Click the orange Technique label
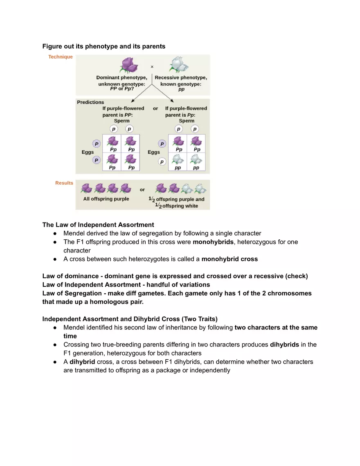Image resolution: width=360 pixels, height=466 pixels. (61, 57)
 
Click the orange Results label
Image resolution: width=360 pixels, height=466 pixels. (64, 183)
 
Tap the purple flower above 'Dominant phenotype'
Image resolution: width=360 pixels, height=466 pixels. (130, 65)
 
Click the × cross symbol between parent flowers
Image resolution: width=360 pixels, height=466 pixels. (152, 67)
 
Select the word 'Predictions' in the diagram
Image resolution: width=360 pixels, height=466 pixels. (90, 102)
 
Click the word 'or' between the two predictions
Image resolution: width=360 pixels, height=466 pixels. (155, 108)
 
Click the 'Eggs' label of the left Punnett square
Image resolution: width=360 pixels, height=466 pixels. (88, 152)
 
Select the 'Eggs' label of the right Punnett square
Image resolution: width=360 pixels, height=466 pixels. (154, 152)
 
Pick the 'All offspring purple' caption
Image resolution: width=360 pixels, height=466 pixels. (106, 199)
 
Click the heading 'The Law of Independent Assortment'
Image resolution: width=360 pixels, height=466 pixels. (98, 225)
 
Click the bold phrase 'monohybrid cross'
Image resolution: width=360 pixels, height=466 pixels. (229, 259)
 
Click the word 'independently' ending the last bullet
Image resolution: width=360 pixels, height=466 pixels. (210, 370)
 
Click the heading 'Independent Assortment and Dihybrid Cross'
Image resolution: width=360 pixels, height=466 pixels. (110, 319)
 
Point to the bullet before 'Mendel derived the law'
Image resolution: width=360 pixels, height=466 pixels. (55, 233)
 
